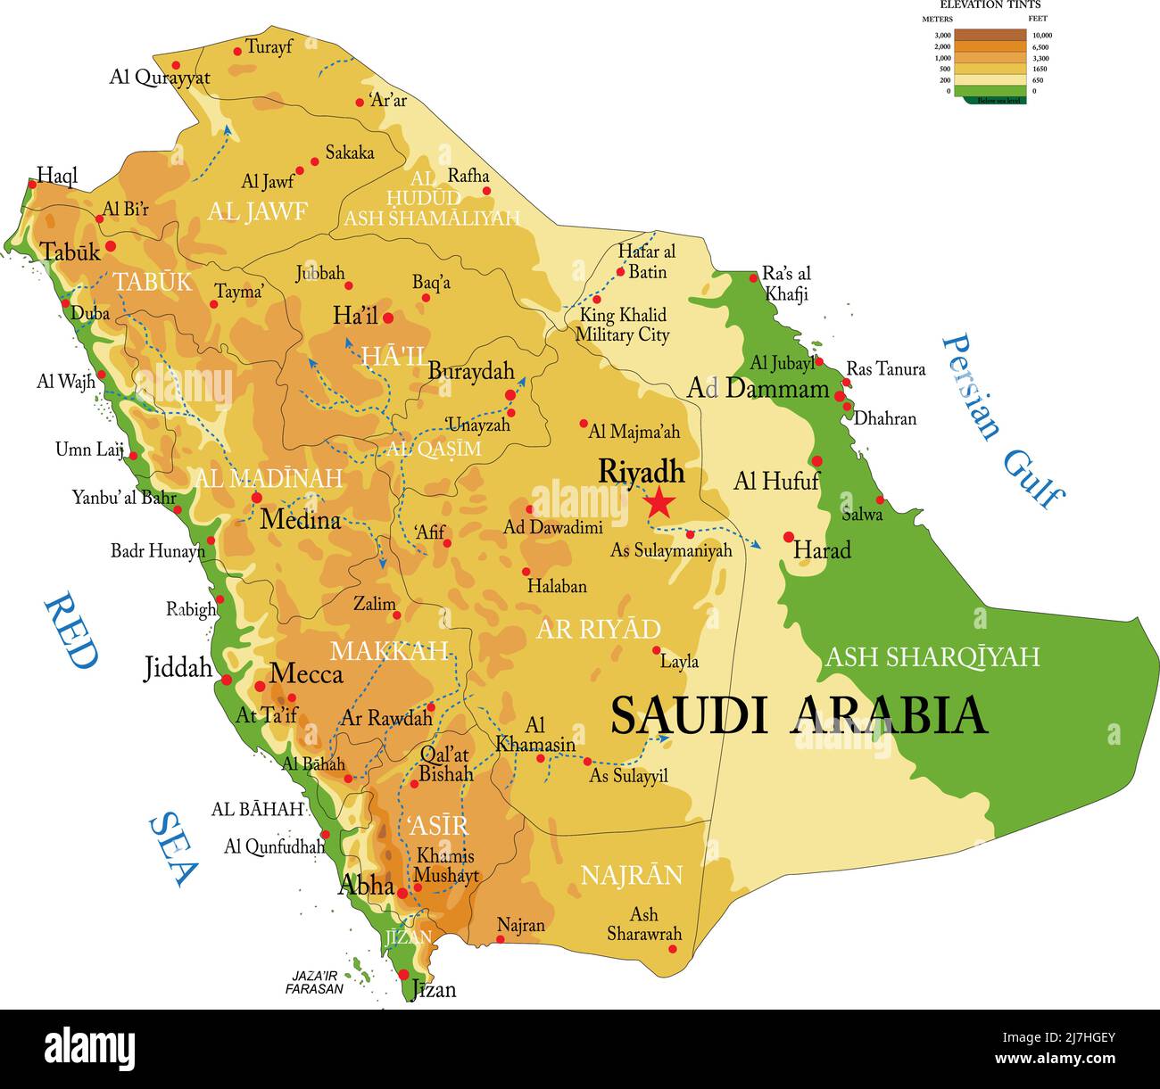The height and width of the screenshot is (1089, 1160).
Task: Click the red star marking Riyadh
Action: tap(659, 503)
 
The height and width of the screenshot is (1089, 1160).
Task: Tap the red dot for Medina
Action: tap(257, 498)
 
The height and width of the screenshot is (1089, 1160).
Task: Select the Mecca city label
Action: tap(306, 673)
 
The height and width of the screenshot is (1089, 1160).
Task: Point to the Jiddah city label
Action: tap(178, 667)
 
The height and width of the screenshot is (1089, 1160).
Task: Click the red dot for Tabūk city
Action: tap(111, 245)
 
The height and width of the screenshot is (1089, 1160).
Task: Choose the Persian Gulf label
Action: tap(1003, 420)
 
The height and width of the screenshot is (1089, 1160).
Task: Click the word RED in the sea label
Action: tap(70, 631)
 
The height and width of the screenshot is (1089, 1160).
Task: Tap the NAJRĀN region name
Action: tap(632, 875)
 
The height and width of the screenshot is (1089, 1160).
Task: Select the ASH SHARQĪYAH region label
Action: tap(932, 657)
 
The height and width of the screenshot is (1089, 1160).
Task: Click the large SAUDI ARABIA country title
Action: tap(799, 715)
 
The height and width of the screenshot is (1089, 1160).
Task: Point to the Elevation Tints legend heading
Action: tap(990, 5)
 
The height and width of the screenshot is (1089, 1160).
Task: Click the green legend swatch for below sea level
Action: tap(990, 91)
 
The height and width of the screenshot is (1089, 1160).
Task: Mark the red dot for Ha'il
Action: tap(388, 317)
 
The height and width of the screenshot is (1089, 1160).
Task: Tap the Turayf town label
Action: tap(269, 46)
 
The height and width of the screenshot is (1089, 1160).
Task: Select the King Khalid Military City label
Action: tap(622, 325)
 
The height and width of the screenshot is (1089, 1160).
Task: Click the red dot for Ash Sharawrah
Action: tap(673, 948)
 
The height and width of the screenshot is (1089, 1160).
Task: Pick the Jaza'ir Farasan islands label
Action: tap(314, 982)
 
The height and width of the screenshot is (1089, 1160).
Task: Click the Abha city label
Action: tap(366, 885)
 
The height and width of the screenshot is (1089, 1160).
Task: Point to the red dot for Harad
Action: tap(789, 537)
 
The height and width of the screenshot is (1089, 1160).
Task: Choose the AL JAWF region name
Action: tap(257, 211)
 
